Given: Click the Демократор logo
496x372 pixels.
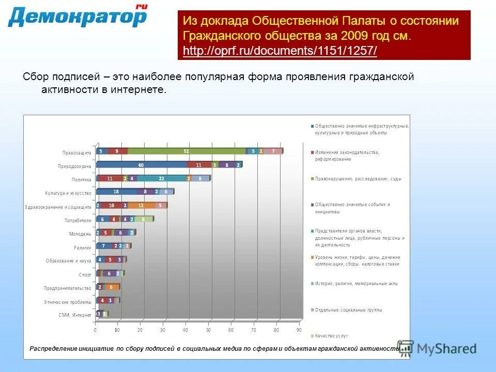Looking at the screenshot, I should [78, 17].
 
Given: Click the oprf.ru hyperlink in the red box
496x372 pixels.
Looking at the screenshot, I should [280, 51].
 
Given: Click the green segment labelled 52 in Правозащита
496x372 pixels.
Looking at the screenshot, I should [186, 151].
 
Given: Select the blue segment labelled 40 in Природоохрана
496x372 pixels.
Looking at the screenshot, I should [141, 165].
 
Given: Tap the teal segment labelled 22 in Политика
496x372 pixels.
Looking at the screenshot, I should [161, 178].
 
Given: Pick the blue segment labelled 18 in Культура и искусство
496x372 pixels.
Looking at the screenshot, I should [116, 192].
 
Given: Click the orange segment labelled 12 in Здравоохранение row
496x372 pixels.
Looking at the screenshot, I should [141, 205].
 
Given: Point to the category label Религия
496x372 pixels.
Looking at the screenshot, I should [83, 247].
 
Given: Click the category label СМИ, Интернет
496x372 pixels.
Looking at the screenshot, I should [75, 315].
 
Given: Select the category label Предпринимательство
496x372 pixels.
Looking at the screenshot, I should [68, 288].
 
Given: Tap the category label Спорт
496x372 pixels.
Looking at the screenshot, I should [85, 274].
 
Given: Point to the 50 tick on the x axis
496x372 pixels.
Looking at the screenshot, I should [209, 330].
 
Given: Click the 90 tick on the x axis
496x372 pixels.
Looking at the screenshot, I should [299, 330].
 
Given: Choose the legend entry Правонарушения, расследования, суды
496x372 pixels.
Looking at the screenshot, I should [358, 179].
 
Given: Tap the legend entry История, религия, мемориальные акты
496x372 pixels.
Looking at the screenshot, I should [357, 283].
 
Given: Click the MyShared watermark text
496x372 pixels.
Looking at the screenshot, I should [446, 349].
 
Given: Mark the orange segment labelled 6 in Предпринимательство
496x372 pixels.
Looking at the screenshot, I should [111, 287].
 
